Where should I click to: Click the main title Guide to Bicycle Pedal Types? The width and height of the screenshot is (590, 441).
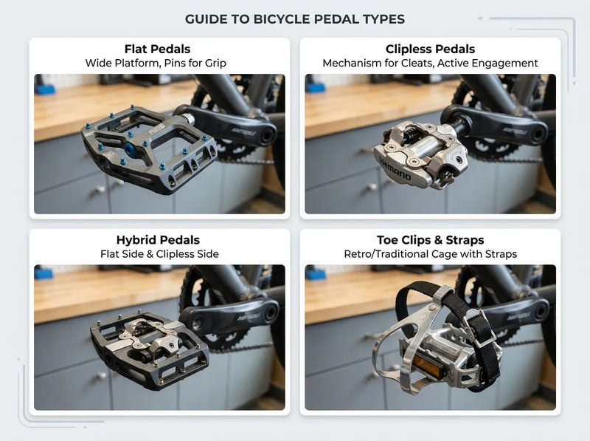pyautogui.click(x=294, y=19)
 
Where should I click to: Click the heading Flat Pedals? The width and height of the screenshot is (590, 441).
pyautogui.click(x=159, y=49)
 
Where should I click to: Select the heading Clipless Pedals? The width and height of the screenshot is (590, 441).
pyautogui.click(x=429, y=49)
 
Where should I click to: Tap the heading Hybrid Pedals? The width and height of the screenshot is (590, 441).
pyautogui.click(x=159, y=240)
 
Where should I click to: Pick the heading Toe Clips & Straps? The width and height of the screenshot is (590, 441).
pyautogui.click(x=429, y=240)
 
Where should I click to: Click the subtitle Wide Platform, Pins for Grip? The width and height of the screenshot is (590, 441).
pyautogui.click(x=159, y=64)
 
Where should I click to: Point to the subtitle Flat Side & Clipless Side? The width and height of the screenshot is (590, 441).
pyautogui.click(x=159, y=254)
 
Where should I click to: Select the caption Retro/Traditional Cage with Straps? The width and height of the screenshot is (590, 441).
pyautogui.click(x=429, y=254)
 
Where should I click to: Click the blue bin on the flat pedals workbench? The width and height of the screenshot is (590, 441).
pyautogui.click(x=45, y=89)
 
